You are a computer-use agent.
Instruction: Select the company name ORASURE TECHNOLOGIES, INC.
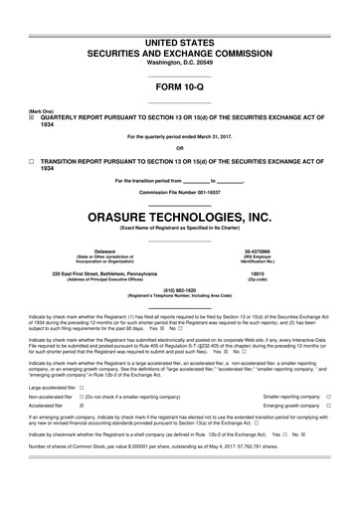179,214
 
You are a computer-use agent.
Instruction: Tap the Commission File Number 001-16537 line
179,190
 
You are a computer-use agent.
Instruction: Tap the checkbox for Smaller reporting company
341,396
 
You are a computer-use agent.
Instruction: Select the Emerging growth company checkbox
341,406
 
